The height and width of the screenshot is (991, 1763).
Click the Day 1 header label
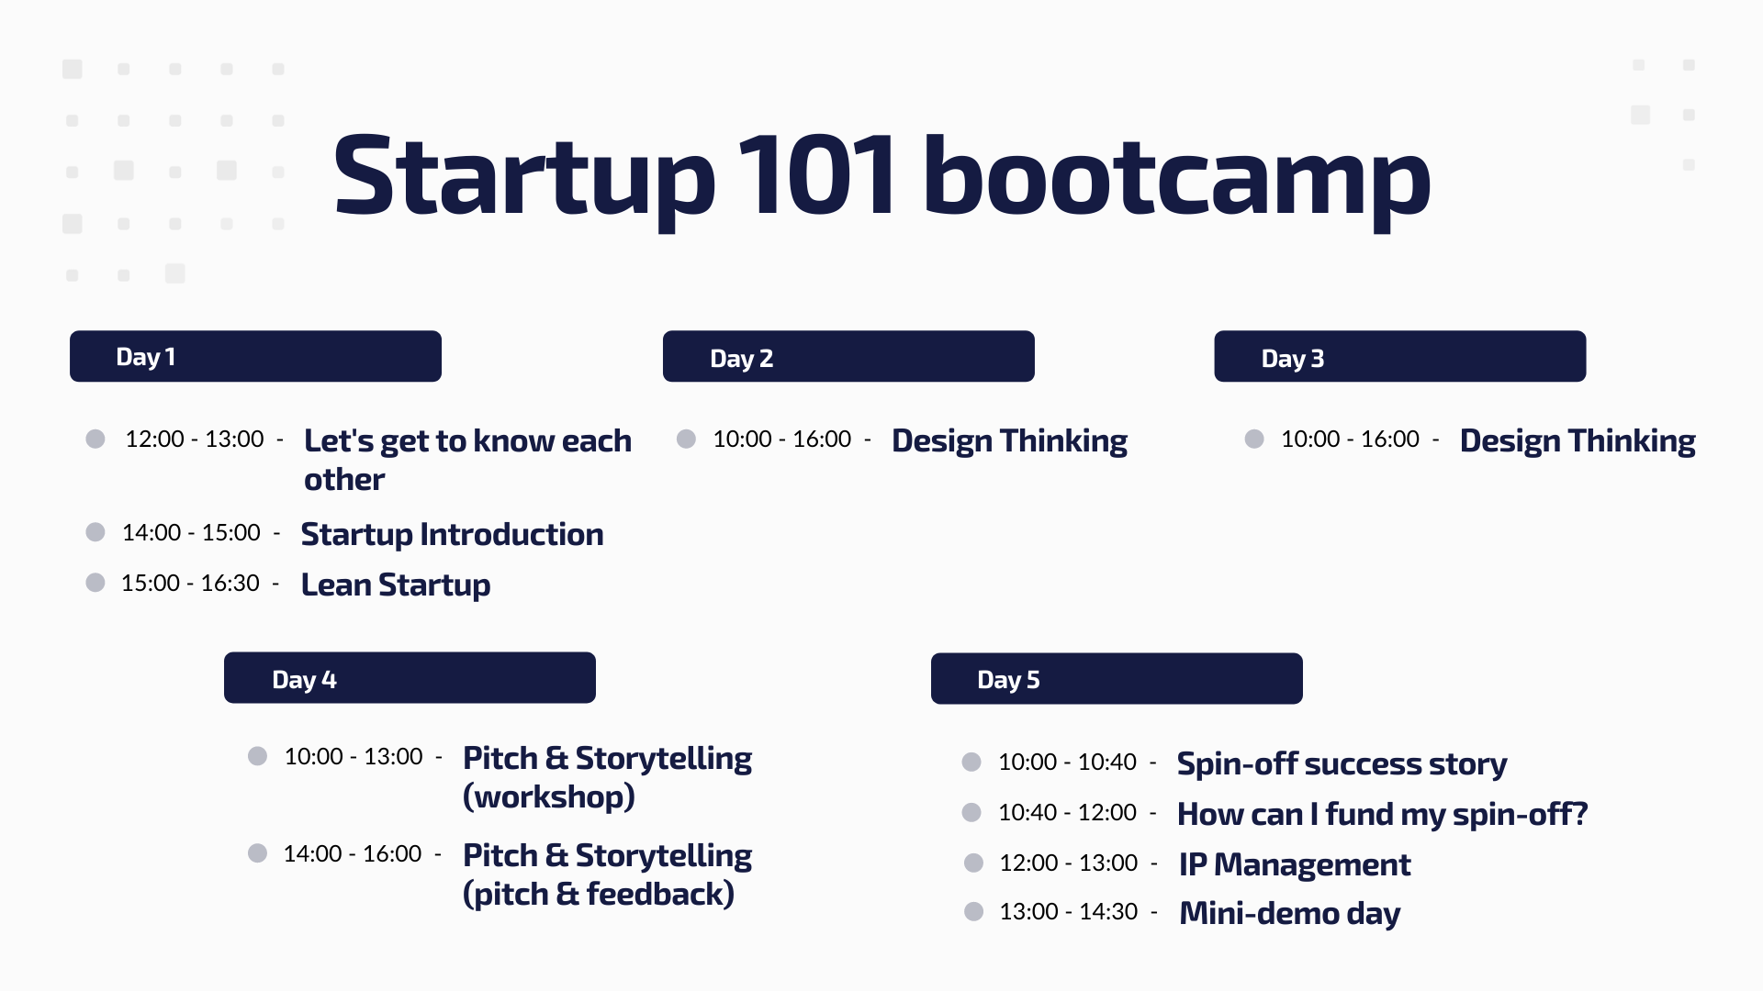pyautogui.click(x=145, y=357)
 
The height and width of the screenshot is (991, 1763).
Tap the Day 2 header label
pyautogui.click(x=741, y=359)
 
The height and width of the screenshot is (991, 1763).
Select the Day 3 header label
pyautogui.click(x=1292, y=359)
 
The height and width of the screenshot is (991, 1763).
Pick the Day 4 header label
pyautogui.click(x=304, y=680)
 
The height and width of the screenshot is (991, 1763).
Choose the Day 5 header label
pyautogui.click(x=1008, y=680)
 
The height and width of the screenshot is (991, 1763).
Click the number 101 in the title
pyautogui.click(x=816, y=176)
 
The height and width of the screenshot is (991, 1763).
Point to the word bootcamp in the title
pyautogui.click(x=1177, y=179)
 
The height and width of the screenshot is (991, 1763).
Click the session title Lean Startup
pyautogui.click(x=396, y=585)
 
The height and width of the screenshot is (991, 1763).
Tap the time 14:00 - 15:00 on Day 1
pyautogui.click(x=191, y=533)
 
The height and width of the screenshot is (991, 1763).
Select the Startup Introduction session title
pyautogui.click(x=452, y=535)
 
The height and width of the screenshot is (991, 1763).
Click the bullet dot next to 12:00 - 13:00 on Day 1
pyautogui.click(x=95, y=439)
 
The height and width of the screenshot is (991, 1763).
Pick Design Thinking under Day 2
pyautogui.click(x=1009, y=441)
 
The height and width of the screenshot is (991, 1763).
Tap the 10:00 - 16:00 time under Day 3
pyautogui.click(x=1350, y=440)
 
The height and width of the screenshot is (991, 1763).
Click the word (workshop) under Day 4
pyautogui.click(x=549, y=796)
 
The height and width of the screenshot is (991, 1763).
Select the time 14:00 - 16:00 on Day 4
pyautogui.click(x=353, y=854)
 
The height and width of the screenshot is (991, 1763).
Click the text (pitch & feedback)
pyautogui.click(x=599, y=894)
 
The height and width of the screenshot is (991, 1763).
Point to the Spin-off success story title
pyautogui.click(x=1342, y=764)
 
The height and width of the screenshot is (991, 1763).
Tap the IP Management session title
pyautogui.click(x=1295, y=864)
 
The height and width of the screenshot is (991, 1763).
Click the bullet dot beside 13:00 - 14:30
pyautogui.click(x=974, y=912)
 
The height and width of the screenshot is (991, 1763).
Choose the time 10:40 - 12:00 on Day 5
pyautogui.click(x=1067, y=813)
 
